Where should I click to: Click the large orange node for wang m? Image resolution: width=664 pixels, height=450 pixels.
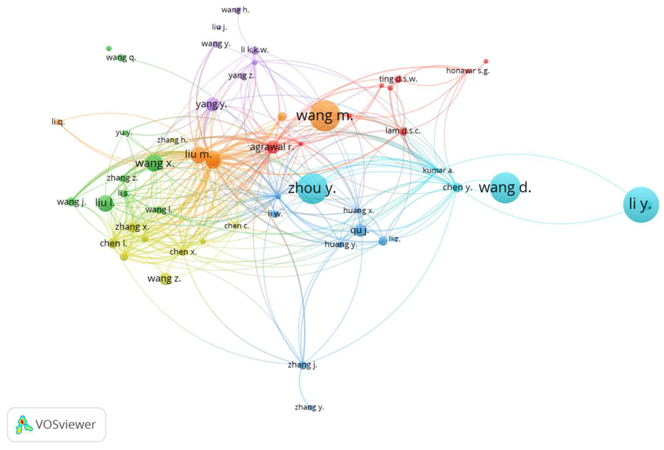324,116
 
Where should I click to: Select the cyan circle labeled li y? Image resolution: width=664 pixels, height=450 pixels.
641,204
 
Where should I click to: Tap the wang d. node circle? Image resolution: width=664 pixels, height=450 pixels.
505,188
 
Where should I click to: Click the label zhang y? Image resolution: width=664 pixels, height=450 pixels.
309,407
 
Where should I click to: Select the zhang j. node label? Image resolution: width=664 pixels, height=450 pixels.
302,365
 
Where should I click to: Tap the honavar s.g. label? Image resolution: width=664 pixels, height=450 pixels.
468,71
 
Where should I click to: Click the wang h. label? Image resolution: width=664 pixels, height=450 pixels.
235,10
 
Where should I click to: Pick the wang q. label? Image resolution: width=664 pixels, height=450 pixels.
121,57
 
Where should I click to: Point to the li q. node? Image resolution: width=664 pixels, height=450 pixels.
59,122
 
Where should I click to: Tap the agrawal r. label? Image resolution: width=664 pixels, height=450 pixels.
271,147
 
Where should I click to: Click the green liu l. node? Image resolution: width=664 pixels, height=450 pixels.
106,203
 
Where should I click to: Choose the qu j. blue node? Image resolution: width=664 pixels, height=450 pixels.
360,230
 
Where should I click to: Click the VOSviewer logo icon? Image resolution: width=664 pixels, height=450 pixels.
24,424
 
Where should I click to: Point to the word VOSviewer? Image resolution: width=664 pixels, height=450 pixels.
66,424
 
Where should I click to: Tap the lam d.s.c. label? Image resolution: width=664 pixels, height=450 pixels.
403,131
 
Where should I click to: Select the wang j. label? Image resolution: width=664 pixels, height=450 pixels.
71,202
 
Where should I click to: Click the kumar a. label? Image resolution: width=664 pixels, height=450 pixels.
438,170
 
